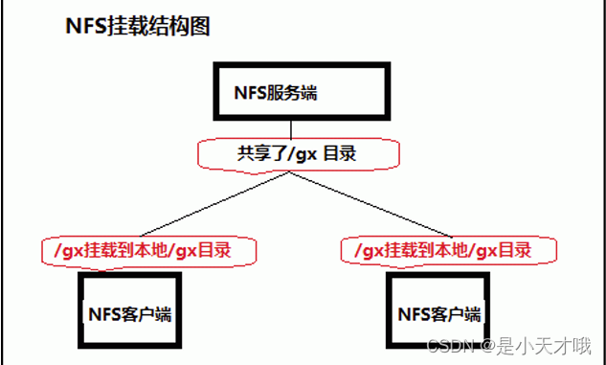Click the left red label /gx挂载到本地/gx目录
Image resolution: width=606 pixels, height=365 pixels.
(150, 251)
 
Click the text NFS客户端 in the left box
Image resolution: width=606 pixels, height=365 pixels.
(130, 313)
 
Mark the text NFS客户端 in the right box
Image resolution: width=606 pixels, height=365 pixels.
(439, 313)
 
